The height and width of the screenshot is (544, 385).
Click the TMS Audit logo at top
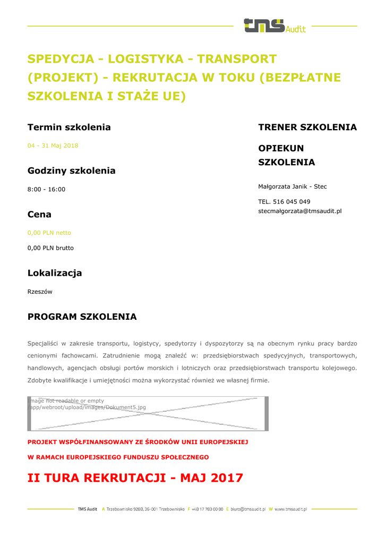tap(274, 25)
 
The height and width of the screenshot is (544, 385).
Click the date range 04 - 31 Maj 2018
tap(53, 145)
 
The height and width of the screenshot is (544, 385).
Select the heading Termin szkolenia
tap(69, 127)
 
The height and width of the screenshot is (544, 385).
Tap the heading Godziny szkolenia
tap(71, 171)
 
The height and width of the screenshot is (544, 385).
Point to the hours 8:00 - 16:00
tap(46, 189)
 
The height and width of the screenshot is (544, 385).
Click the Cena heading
tap(39, 215)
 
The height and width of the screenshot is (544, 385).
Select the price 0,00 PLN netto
tap(49, 233)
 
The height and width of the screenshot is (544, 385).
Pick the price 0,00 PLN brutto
tap(50, 248)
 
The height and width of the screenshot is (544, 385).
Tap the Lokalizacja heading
tap(55, 273)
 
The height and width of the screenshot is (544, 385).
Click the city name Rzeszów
tap(40, 292)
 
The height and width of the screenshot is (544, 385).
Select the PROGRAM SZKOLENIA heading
tap(82, 317)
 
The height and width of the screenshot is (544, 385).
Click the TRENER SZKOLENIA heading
tap(307, 127)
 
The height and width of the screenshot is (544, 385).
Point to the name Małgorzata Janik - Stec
tap(293, 186)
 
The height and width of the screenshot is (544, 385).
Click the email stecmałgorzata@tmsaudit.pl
tap(300, 211)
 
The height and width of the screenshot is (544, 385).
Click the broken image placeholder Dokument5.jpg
tap(148, 413)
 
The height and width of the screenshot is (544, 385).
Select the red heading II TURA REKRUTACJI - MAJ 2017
tap(135, 478)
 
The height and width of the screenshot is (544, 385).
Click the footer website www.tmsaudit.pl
tap(291, 509)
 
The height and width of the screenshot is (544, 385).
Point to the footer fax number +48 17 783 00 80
tap(208, 509)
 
